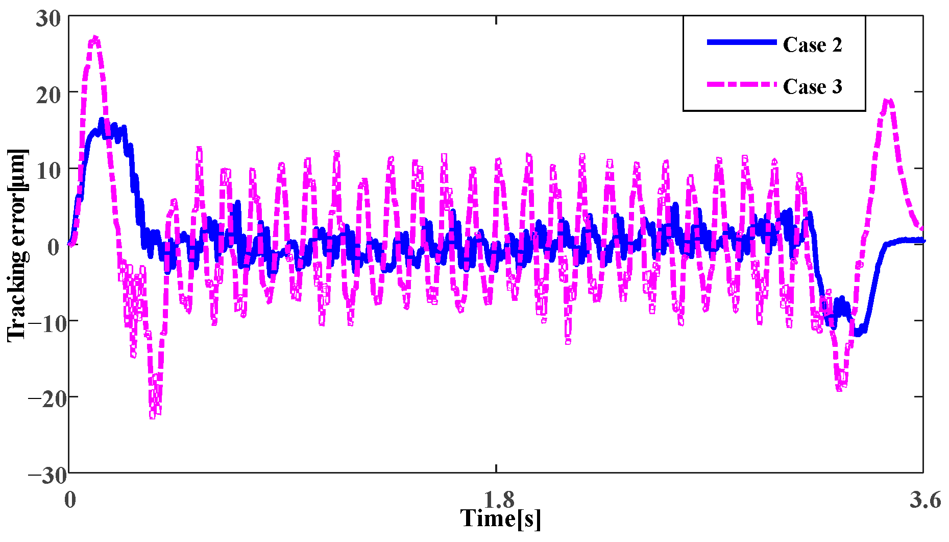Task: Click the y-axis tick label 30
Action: (48, 19)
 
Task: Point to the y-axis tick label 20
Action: (48, 95)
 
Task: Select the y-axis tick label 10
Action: (48, 171)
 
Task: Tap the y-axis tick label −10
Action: (47, 323)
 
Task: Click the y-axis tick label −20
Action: (47, 399)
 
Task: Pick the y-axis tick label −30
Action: (47, 475)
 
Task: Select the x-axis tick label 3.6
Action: (924, 500)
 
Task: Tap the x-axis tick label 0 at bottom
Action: (70, 500)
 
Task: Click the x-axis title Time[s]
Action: (500, 518)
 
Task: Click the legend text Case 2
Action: (812, 45)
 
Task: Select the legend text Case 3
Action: (812, 87)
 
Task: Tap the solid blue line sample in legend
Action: (741, 42)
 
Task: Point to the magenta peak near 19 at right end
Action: (888, 101)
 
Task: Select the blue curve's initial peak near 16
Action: (101, 121)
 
